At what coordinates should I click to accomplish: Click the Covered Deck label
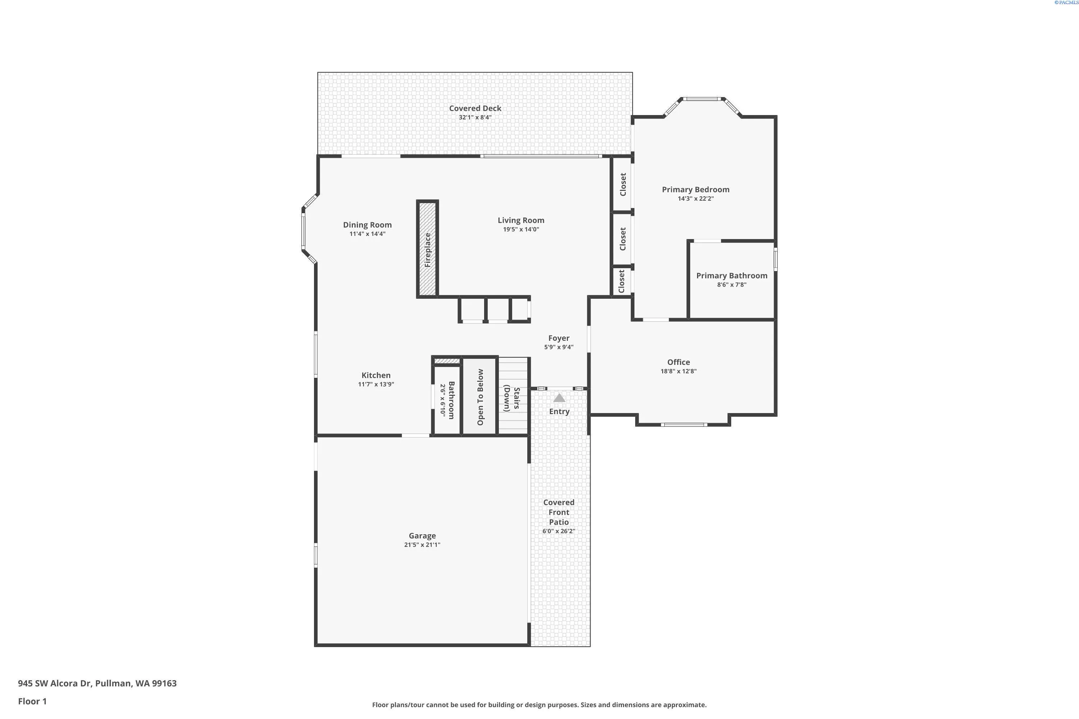[475, 108]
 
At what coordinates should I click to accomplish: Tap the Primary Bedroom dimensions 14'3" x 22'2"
[696, 198]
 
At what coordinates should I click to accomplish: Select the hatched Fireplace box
[427, 249]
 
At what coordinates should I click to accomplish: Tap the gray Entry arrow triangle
[559, 398]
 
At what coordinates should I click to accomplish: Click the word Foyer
[559, 338]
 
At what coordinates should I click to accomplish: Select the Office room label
[678, 362]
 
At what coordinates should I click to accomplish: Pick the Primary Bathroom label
[732, 276]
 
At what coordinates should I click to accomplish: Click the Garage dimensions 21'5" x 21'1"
[422, 545]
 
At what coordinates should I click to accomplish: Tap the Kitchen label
[376, 375]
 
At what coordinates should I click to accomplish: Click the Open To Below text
[480, 397]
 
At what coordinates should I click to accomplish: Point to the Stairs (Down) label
[512, 398]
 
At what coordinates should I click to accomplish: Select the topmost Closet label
[623, 184]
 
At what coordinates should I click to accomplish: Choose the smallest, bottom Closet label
[622, 281]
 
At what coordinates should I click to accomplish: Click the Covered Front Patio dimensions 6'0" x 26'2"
[559, 531]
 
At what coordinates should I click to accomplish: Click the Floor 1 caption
[32, 701]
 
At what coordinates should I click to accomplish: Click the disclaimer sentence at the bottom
[539, 705]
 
